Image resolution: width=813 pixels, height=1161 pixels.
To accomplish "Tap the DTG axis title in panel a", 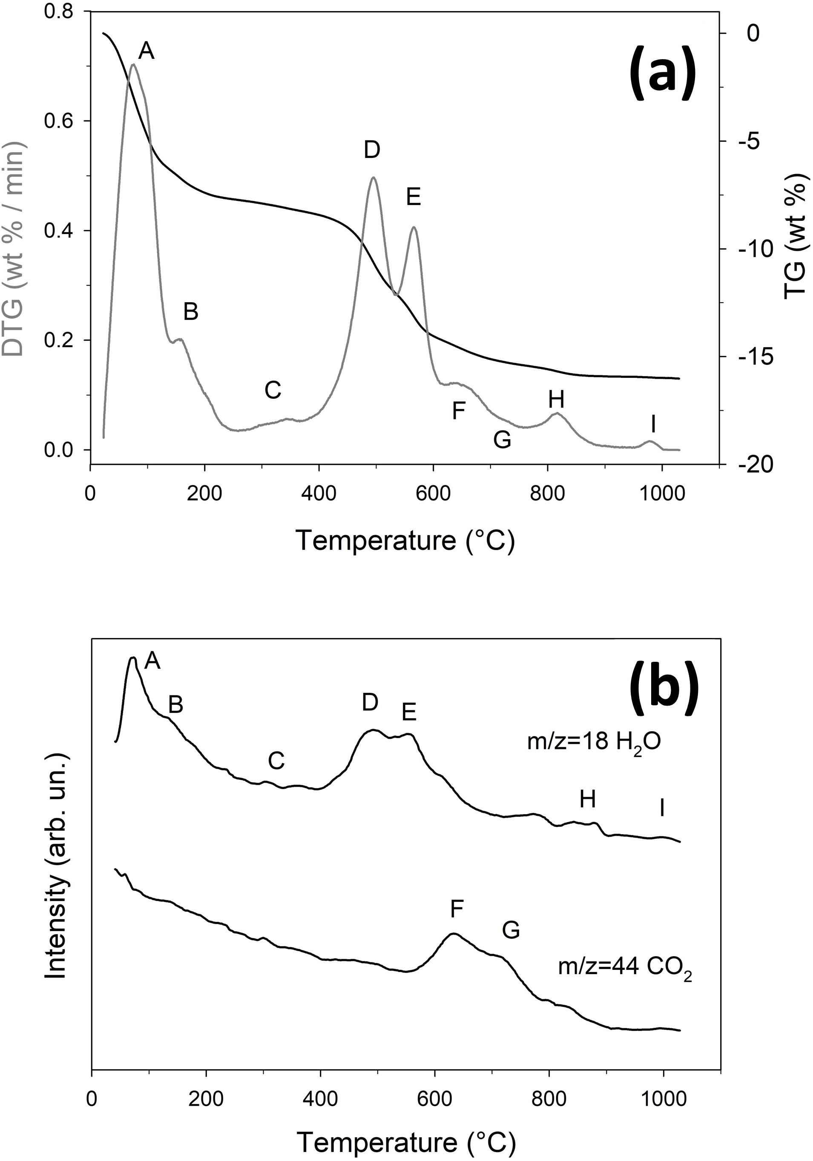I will pos(14,249).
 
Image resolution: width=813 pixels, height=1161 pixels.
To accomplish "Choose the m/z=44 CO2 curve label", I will pos(625,967).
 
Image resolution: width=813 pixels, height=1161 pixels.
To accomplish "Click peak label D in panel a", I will pos(372,150).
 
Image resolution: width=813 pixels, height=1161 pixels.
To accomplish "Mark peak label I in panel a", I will pos(654,425).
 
